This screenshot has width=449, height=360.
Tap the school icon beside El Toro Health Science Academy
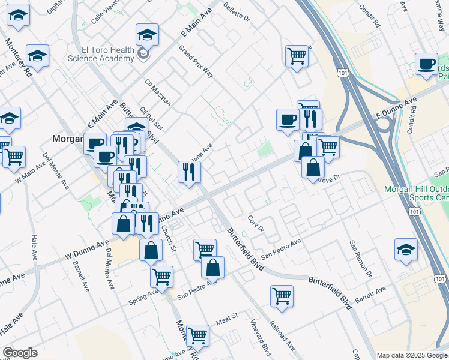148,35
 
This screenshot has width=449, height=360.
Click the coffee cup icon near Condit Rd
427,65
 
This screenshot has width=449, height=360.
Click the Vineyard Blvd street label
259,337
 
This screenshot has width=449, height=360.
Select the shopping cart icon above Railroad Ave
282,296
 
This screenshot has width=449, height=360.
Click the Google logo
20,353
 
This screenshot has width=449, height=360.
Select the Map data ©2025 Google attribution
412,355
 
